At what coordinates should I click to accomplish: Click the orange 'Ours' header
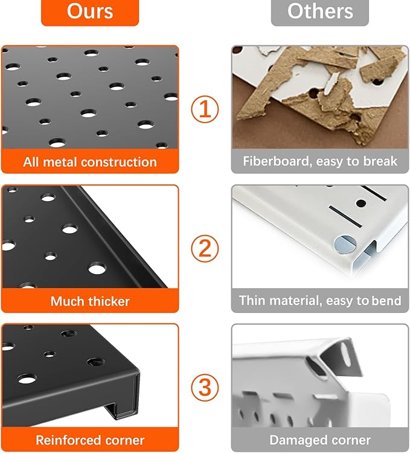pos(89,11)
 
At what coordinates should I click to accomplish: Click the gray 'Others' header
pos(319,11)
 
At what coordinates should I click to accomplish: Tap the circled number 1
pos(205,110)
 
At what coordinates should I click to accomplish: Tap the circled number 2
pos(205,248)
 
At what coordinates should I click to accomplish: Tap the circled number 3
pos(205,387)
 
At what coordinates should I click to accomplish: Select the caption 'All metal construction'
pos(90,162)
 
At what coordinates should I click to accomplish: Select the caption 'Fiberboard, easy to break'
pos(320,161)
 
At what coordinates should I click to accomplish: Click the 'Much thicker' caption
pos(90,301)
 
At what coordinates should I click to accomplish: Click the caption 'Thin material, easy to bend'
pos(320,300)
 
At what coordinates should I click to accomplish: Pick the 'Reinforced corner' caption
pos(90,440)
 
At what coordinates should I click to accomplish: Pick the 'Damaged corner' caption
pos(320,440)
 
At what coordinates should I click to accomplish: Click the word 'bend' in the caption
pos(386,300)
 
